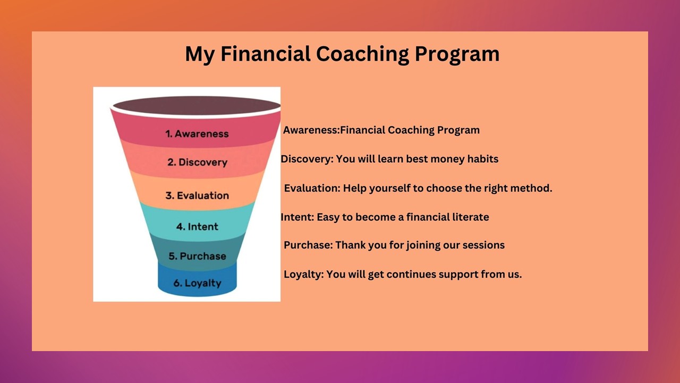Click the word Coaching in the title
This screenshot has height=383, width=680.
coord(362,54)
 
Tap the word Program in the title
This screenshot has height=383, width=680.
coord(457,55)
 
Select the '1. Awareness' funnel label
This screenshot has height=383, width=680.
coord(197,134)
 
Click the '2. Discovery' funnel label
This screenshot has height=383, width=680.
coord(197,162)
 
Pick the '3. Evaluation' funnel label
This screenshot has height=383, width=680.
coord(197,195)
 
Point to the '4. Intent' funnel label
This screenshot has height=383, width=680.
coord(197,227)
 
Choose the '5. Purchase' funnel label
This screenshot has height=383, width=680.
coord(197,256)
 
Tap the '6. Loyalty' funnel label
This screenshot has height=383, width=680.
coord(197,284)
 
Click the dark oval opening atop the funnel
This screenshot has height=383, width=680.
coord(197,106)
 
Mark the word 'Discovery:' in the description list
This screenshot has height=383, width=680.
coord(307,159)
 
